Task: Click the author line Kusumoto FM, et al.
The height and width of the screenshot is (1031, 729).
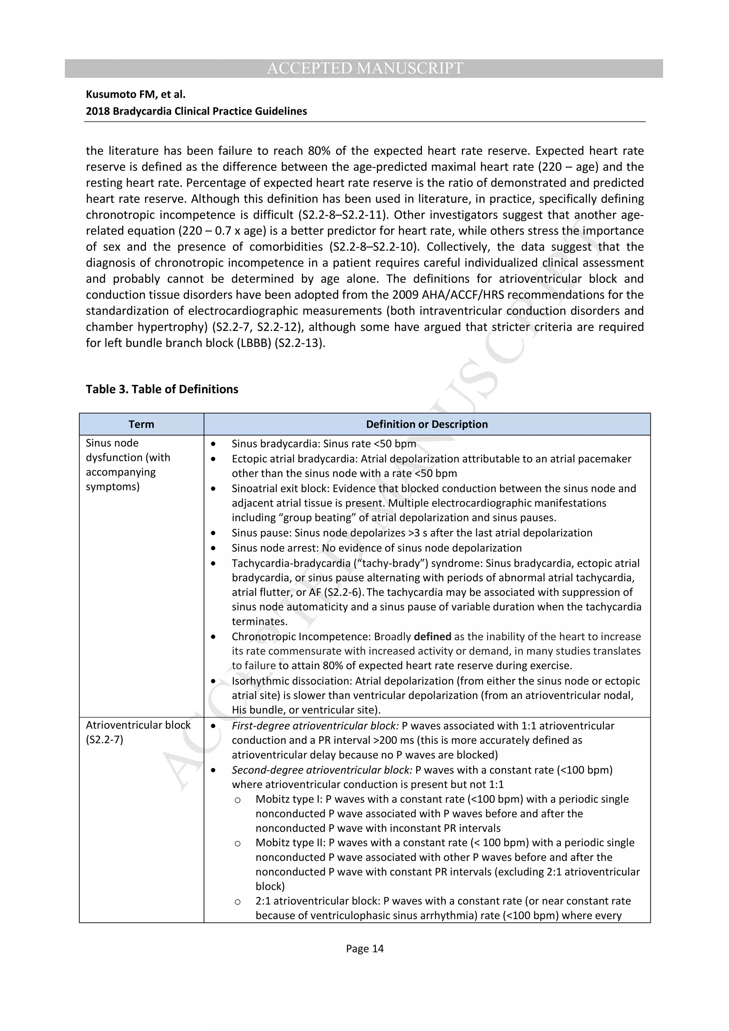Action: (x=136, y=94)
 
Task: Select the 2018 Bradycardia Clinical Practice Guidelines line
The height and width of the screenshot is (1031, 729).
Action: (x=196, y=111)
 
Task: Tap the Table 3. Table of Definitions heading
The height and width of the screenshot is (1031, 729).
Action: (x=162, y=389)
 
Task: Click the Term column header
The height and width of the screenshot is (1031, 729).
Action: (x=141, y=424)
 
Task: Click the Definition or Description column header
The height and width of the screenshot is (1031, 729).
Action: (x=426, y=424)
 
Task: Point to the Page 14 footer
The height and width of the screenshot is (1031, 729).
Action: (x=364, y=948)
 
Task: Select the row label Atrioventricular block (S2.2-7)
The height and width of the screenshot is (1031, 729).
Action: (x=138, y=732)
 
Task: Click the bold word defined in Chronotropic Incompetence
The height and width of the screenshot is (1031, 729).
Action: (x=432, y=636)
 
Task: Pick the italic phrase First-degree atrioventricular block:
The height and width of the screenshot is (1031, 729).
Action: (x=315, y=726)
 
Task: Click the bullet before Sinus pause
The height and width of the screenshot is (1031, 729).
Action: (x=213, y=533)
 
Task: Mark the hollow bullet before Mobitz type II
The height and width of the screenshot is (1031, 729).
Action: (x=238, y=843)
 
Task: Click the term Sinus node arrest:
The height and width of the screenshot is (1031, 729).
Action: (x=276, y=548)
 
